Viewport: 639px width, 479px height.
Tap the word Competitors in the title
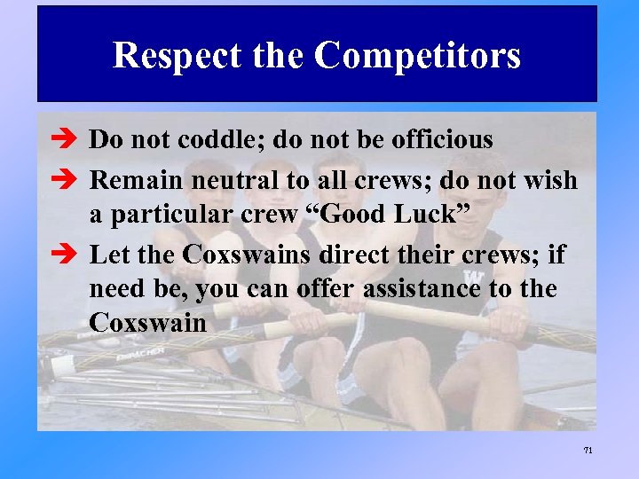[x=417, y=56]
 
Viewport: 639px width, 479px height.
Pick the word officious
[x=438, y=139]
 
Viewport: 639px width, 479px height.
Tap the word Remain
[x=135, y=181]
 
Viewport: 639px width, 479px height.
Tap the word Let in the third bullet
[x=108, y=255]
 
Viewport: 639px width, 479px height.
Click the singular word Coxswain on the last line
[x=147, y=323]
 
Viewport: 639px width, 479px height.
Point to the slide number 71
[x=588, y=451]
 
